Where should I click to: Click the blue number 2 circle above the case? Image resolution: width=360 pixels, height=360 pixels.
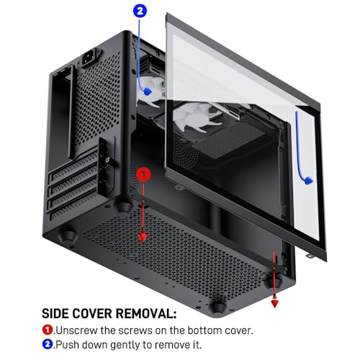[140, 12]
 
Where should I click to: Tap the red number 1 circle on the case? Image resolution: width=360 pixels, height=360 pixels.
[143, 174]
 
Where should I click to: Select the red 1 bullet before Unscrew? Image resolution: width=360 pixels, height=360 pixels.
[48, 330]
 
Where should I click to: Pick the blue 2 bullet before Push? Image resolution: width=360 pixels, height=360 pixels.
[48, 344]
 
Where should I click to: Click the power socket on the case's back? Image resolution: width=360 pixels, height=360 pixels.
[91, 58]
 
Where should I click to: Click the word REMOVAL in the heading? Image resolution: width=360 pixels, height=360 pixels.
[146, 313]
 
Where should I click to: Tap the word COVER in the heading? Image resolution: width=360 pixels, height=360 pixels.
[92, 313]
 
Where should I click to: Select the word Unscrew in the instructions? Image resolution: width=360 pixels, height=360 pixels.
[77, 330]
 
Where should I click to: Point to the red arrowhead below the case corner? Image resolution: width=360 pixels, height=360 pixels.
[274, 305]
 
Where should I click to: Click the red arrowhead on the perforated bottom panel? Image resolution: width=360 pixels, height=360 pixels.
[143, 238]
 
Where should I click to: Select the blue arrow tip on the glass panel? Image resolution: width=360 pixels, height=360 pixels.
[309, 181]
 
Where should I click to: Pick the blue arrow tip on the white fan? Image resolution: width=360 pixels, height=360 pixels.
[148, 91]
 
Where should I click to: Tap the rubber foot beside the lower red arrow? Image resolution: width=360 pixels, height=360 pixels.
[273, 280]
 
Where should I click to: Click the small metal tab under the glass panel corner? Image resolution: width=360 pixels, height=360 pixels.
[310, 256]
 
